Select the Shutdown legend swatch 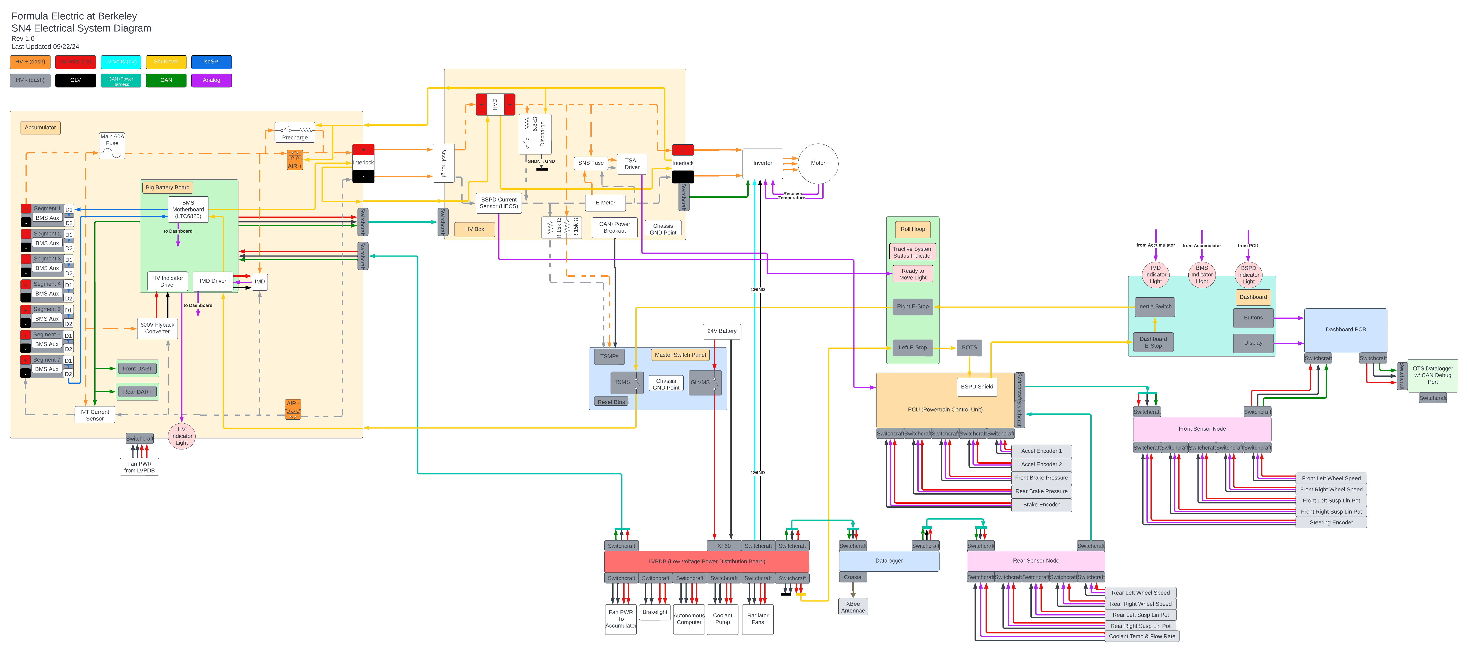tap(166, 62)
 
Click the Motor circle tap(818, 163)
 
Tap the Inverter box tap(763, 163)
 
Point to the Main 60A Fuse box tap(112, 145)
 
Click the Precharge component tap(295, 132)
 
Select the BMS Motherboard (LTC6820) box tap(188, 209)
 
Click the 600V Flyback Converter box tap(157, 328)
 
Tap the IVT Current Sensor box tap(95, 415)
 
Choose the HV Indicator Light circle tap(182, 436)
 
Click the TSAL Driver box tap(632, 164)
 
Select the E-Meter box tap(605, 203)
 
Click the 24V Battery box tap(722, 331)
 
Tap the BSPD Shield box tap(977, 386)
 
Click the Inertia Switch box tap(1155, 307)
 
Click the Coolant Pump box tap(723, 619)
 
